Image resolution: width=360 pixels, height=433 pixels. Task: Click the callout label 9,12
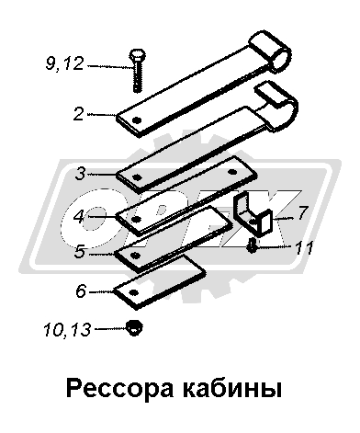point(64,64)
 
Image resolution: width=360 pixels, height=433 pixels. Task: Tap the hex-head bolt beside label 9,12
point(137,71)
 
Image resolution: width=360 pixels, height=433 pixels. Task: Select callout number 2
point(78,114)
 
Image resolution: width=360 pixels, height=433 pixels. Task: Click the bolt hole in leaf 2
point(138,120)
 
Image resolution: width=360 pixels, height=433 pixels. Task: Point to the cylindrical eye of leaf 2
point(271,52)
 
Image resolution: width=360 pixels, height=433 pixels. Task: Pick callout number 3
point(80,174)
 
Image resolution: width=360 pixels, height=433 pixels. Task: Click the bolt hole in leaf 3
point(138,177)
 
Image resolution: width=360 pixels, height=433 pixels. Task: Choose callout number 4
point(79,216)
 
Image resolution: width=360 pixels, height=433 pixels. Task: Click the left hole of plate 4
point(137,220)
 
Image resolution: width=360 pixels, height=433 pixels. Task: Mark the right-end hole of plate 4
point(231,173)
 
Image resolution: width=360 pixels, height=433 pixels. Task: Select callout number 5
point(79,252)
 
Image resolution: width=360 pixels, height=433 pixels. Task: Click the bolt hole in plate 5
point(135,255)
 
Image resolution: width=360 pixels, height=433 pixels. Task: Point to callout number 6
point(81,291)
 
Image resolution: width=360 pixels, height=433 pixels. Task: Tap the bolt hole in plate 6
point(133,292)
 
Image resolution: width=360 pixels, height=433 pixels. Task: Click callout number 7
point(301,212)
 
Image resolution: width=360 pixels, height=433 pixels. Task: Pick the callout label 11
point(304,247)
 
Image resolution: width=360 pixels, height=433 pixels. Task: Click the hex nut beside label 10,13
point(134,327)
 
